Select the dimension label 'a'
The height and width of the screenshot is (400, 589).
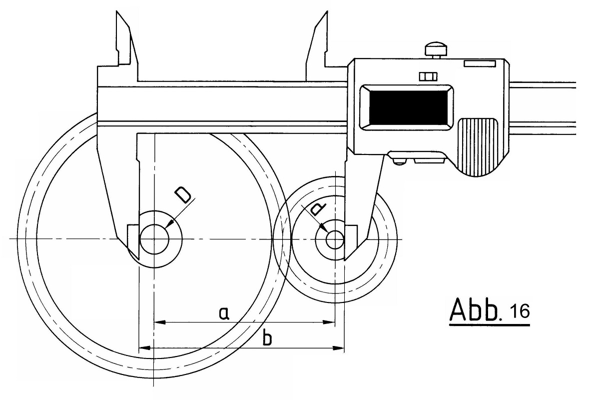coord(223,313)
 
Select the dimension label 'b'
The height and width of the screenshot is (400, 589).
coord(267,338)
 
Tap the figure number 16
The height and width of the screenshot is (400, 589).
coord(520,311)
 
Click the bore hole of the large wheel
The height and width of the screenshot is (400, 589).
coord(154,239)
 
